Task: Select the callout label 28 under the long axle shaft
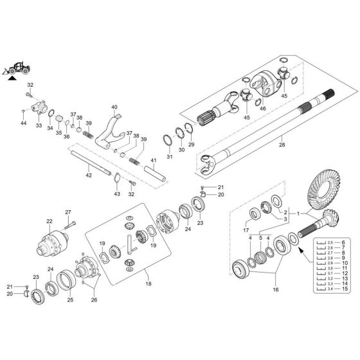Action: (281, 146)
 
